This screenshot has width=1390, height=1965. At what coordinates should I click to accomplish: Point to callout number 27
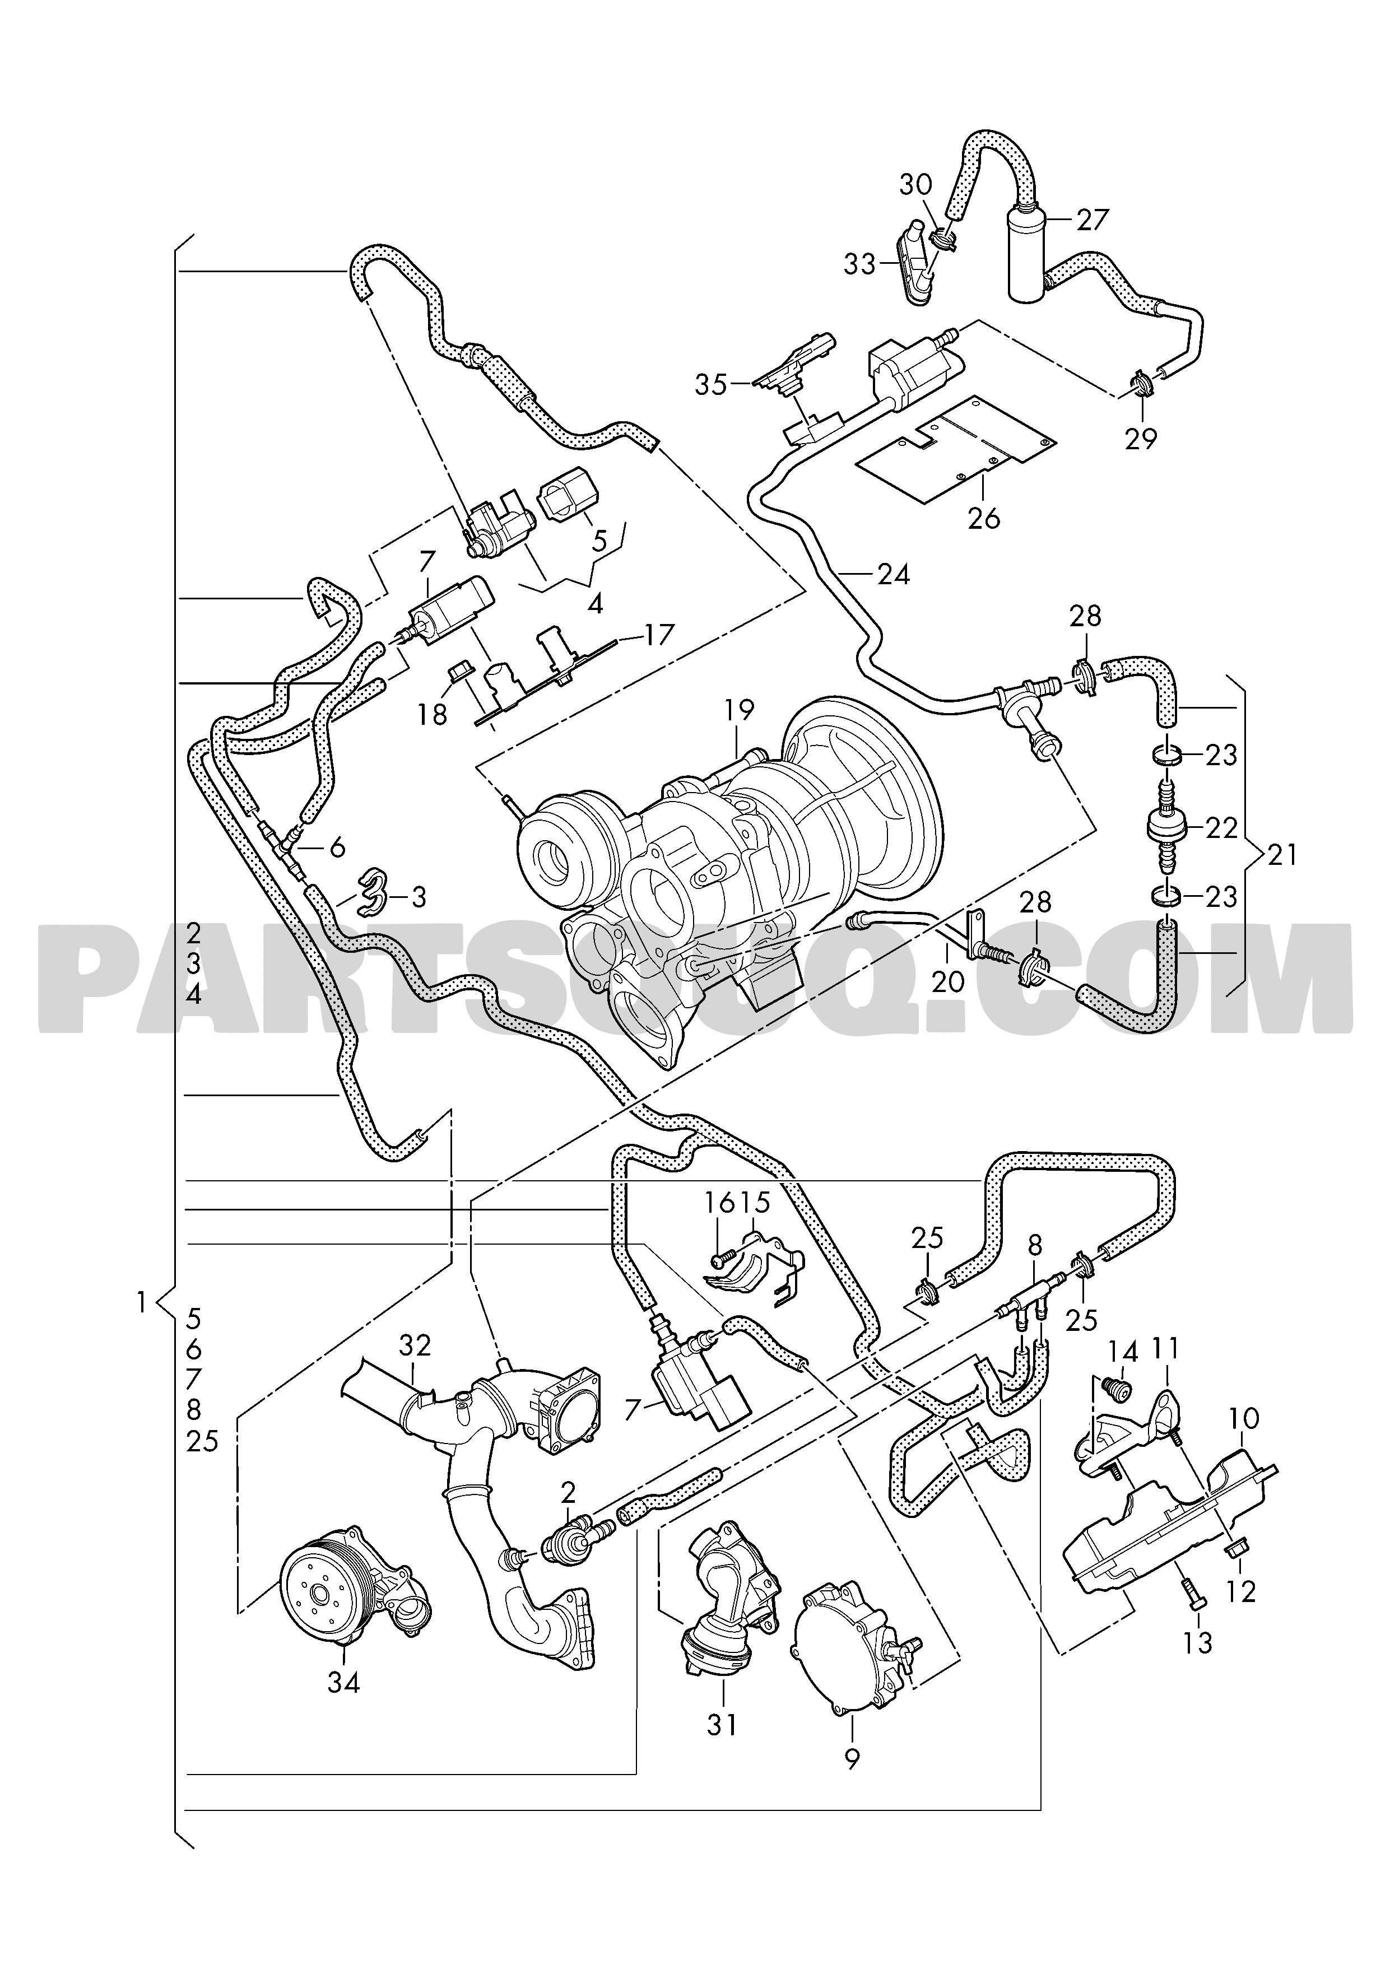[1092, 221]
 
